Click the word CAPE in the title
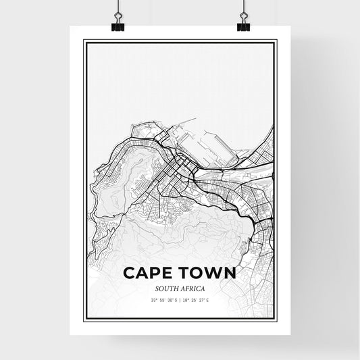149,274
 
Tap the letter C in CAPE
128,274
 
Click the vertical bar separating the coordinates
180,299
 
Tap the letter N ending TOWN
228,274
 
